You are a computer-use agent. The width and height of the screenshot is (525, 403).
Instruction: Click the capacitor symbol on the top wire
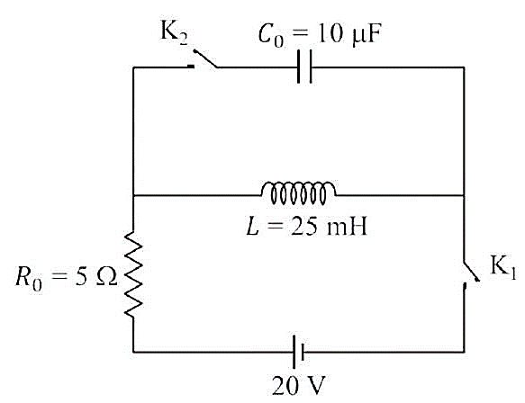coord(304,67)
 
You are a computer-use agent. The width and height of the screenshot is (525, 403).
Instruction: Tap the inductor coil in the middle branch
coord(299,193)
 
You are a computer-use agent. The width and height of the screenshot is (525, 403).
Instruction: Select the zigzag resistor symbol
coord(133,274)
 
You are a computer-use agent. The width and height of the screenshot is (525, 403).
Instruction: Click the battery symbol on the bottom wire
coord(298,352)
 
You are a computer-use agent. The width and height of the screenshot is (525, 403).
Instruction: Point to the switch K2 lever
coord(205,58)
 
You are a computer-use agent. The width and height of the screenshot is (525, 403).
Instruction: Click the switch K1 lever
coord(472,272)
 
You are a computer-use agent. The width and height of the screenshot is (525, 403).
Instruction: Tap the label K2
coord(174,33)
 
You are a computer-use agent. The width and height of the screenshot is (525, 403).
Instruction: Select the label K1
coord(503,267)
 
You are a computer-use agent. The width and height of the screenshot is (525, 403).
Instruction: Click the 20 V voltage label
coord(299,386)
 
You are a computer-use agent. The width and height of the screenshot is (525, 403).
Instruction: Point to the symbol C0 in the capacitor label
coord(270,35)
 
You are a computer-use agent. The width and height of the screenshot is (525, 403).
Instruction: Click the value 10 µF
coord(348,34)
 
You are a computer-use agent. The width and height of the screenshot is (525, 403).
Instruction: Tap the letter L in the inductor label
coord(253,227)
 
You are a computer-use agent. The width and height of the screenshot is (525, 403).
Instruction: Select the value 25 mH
coord(329,227)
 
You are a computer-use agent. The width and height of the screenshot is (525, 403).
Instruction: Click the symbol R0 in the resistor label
coord(29,278)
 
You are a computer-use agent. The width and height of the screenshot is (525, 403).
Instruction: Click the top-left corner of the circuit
coord(133,67)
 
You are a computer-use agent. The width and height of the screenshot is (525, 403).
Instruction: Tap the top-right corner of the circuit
coord(464,67)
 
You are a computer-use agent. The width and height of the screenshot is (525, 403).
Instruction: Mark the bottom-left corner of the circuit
coord(133,352)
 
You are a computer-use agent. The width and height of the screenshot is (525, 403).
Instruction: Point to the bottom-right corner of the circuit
coord(464,352)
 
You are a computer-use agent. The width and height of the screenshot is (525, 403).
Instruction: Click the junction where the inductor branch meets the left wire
coord(133,195)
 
